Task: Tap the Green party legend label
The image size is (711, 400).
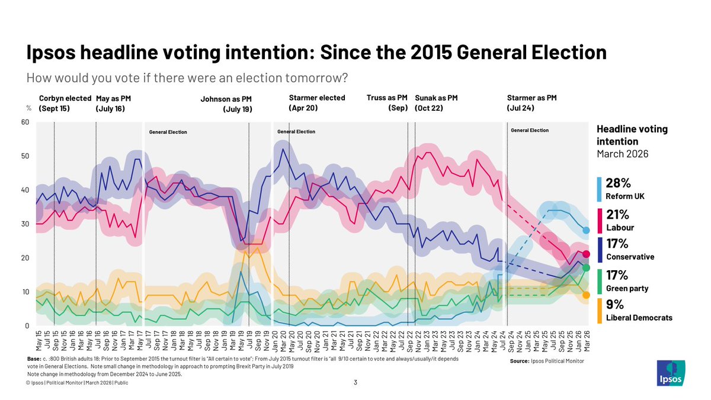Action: tap(627, 289)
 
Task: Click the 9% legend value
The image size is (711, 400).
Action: tap(614, 305)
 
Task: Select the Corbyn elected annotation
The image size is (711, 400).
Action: tap(65, 98)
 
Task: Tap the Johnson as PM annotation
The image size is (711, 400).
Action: tap(226, 99)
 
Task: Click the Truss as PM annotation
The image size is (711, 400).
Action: tap(387, 98)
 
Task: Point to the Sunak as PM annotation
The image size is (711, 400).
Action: tap(436, 98)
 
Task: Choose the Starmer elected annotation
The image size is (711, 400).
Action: tap(317, 98)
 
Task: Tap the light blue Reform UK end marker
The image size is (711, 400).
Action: tap(586, 231)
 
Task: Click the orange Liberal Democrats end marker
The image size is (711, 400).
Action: tap(586, 295)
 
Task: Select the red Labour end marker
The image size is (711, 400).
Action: tap(586, 254)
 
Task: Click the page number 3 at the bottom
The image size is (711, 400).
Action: tap(355, 382)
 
